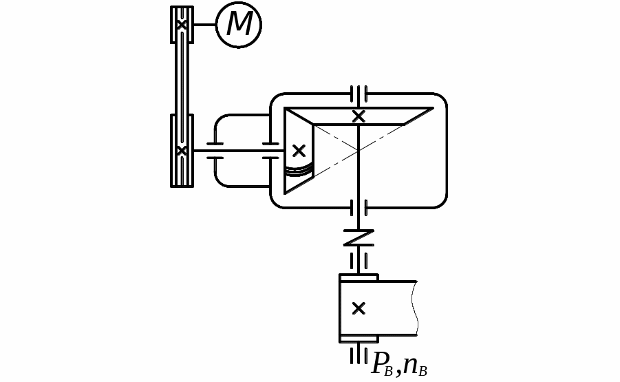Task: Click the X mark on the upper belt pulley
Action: click(182, 25)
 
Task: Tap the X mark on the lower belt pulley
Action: click(182, 151)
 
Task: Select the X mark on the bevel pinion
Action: click(299, 151)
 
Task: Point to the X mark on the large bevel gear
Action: click(359, 116)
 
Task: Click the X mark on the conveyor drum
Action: click(359, 308)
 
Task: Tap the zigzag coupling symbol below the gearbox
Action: click(359, 237)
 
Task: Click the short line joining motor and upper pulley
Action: click(205, 25)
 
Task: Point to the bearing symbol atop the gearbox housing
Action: click(359, 94)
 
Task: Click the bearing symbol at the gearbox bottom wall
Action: click(359, 208)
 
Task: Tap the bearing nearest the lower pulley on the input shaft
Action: click(215, 151)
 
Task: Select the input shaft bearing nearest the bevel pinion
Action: click(271, 151)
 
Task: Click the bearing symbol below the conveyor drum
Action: click(359, 353)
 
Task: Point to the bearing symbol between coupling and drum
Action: click(359, 261)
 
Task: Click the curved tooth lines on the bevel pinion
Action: click(299, 170)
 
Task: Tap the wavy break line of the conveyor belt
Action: click(414, 308)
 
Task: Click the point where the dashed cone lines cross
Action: click(359, 151)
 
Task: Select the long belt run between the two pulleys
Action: click(182, 78)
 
